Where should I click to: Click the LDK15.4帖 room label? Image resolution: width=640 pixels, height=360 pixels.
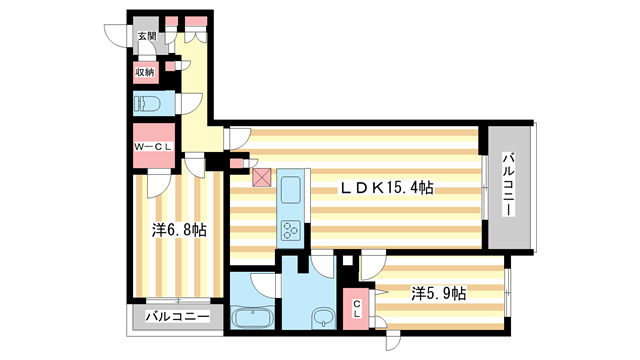pyautogui.click(x=387, y=187)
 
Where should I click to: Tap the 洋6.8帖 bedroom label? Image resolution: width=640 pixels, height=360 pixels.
pyautogui.click(x=180, y=230)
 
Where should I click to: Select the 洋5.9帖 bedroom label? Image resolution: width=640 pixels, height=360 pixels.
pyautogui.click(x=438, y=293)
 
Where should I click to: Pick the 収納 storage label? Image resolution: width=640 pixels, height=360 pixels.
pyautogui.click(x=146, y=71)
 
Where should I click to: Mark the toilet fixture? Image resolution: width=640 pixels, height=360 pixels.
pyautogui.click(x=148, y=102)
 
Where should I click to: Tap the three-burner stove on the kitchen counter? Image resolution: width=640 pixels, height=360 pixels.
pyautogui.click(x=292, y=231)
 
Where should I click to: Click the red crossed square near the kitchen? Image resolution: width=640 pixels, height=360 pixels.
pyautogui.click(x=261, y=178)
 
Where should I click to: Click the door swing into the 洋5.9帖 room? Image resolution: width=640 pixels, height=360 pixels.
pyautogui.click(x=372, y=264)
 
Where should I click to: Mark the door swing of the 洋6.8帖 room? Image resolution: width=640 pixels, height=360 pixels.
pyautogui.click(x=160, y=183)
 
